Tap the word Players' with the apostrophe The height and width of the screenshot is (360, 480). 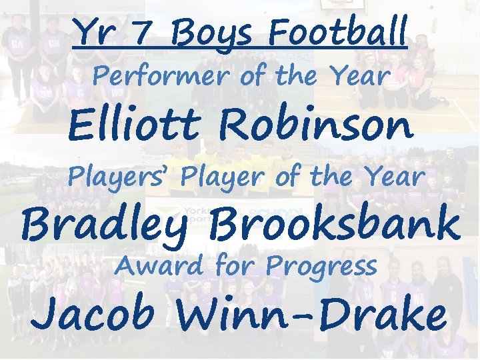(121, 177)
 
